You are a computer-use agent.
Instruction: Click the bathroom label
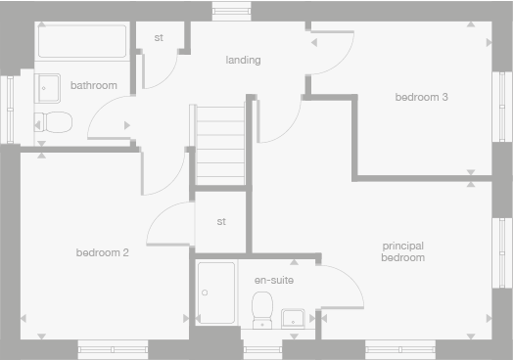[94, 86]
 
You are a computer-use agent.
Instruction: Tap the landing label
[243, 61]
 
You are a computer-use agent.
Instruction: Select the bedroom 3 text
[422, 97]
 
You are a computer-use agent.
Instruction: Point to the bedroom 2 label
[103, 252]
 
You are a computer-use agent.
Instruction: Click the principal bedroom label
[403, 251]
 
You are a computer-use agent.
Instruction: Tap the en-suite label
[274, 281]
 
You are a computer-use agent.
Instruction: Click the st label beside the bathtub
[158, 38]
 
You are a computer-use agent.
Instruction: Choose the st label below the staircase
[221, 221]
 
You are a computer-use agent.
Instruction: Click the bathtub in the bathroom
[81, 43]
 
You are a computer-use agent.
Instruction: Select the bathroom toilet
[53, 122]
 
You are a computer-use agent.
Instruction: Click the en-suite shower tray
[215, 292]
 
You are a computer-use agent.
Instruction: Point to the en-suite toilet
[262, 309]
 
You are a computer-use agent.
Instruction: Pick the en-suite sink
[293, 318]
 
